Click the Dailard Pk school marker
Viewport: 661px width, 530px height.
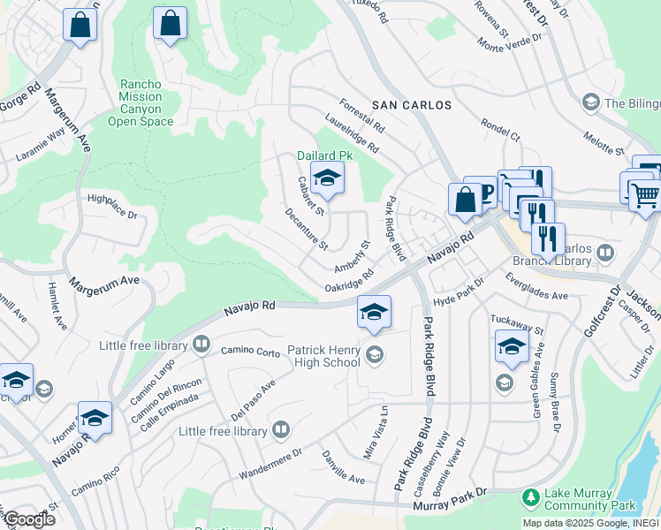326,179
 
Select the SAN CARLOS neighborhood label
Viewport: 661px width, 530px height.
411,105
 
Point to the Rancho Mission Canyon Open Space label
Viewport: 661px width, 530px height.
141,102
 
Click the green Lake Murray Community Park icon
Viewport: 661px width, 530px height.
530,497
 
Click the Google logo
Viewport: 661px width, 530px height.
29,519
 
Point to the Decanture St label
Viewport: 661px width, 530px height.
306,228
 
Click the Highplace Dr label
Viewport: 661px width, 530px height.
112,207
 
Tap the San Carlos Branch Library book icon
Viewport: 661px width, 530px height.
605,254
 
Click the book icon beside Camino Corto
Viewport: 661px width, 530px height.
202,344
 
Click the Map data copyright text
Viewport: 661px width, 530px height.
589,523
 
